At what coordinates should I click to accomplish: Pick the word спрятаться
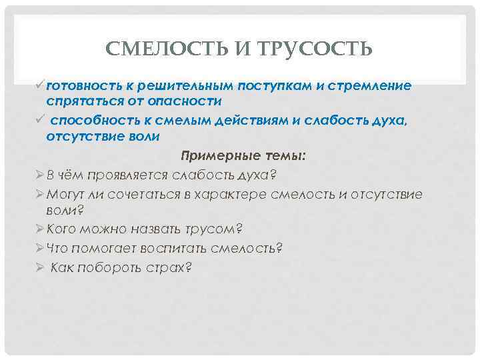79,101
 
